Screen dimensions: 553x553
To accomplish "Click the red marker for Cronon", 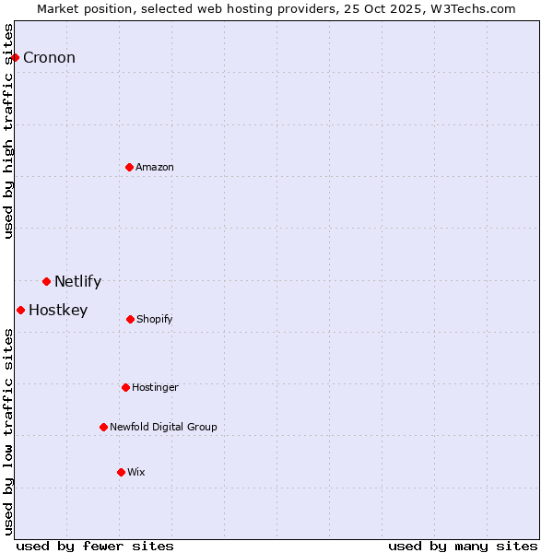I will coord(15,57).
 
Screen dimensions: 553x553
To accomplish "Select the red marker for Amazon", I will coord(129,167).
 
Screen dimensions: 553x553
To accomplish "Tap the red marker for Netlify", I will coord(46,281).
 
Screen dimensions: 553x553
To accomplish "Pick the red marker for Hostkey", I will coord(20,310).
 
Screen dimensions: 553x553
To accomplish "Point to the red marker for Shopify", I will coord(130,319).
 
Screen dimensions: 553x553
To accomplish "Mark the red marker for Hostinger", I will coord(125,387).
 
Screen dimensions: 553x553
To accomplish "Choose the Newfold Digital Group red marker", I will coord(103,427).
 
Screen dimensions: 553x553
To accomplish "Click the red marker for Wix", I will coord(121,472).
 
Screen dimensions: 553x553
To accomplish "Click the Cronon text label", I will coord(49,58).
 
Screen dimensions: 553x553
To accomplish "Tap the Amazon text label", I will coord(155,167).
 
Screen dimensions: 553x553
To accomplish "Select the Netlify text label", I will coord(77,282).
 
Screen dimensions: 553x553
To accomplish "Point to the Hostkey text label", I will coord(58,311).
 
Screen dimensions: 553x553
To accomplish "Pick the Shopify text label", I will coord(155,320).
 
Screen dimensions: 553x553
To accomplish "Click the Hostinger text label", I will coord(155,388).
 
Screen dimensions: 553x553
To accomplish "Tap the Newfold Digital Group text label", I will coord(163,428).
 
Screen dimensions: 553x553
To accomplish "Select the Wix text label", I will coord(136,473).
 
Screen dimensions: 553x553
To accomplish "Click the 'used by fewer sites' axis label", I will coord(95,546).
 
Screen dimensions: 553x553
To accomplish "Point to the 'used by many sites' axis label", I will coord(463,546).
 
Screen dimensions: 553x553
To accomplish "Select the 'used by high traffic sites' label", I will coord(8,131).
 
